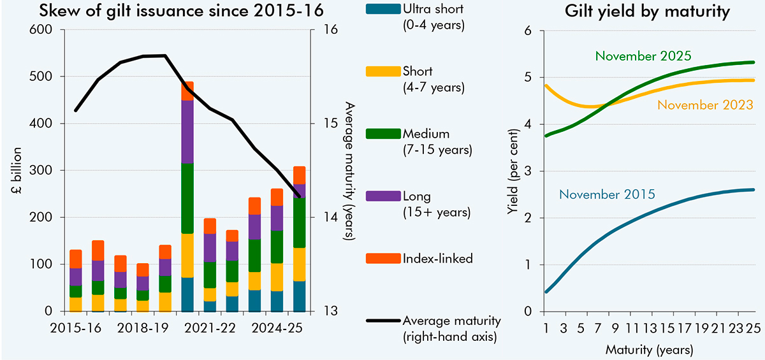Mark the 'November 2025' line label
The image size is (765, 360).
(x=643, y=55)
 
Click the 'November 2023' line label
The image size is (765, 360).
(x=705, y=104)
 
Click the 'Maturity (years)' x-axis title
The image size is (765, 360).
(x=648, y=350)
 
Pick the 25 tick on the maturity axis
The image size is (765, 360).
(x=754, y=327)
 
